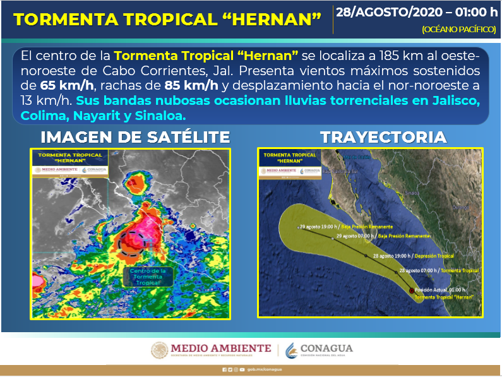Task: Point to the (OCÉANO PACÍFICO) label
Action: point(459,30)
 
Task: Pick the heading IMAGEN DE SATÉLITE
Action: point(135,137)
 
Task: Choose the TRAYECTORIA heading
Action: point(383,137)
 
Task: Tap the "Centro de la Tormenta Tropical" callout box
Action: point(148,277)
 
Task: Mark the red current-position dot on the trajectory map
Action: point(412,290)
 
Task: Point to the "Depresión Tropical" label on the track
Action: point(434,256)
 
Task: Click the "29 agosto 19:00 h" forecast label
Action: point(320,226)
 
